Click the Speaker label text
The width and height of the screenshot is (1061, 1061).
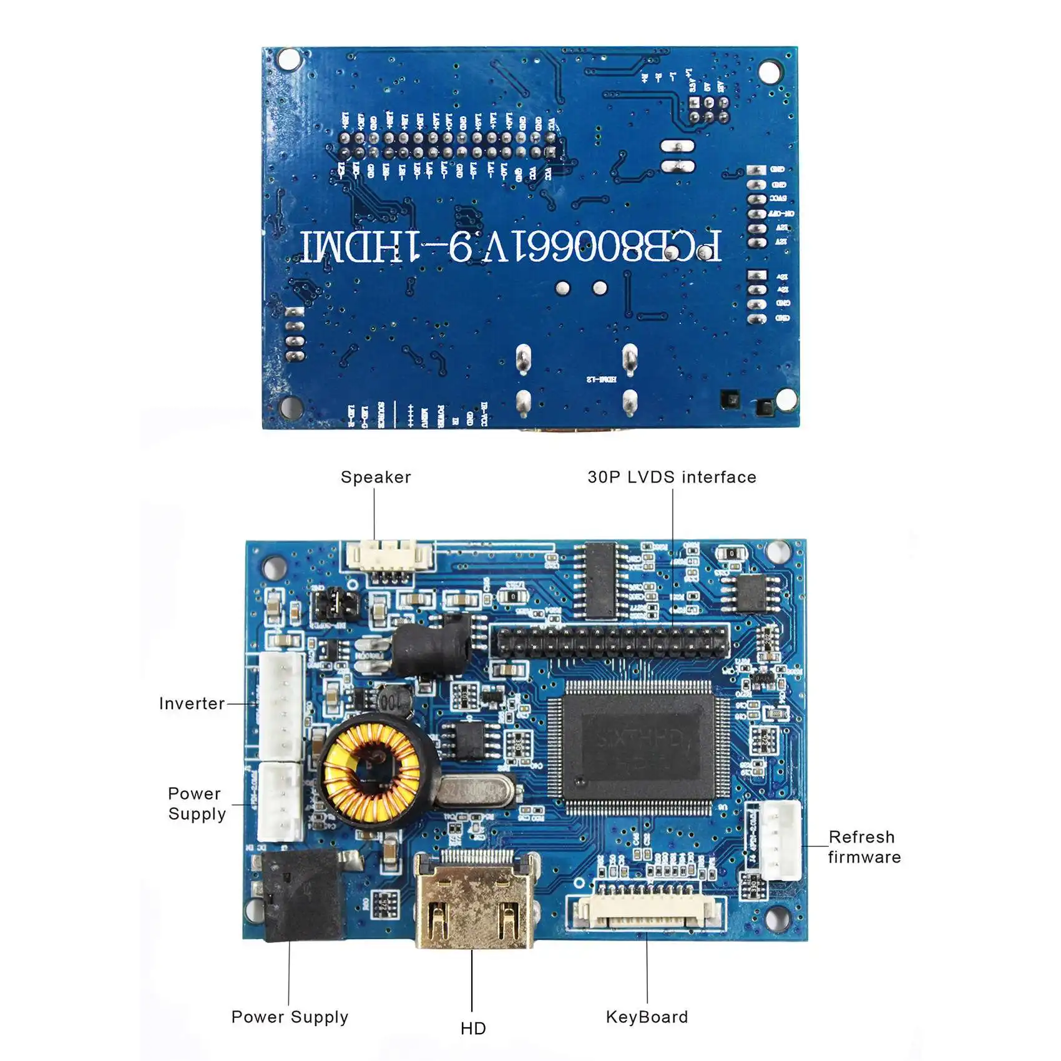(376, 477)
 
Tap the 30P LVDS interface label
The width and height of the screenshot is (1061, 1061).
(672, 477)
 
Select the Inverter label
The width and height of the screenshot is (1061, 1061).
(192, 703)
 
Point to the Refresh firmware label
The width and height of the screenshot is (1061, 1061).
(864, 847)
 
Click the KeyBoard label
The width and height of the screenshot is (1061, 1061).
(647, 1017)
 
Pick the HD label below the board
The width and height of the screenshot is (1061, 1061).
(473, 1028)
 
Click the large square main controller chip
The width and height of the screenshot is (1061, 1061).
(638, 746)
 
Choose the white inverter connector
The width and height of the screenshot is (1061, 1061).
(281, 707)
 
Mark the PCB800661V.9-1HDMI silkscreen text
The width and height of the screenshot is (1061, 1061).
(512, 247)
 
